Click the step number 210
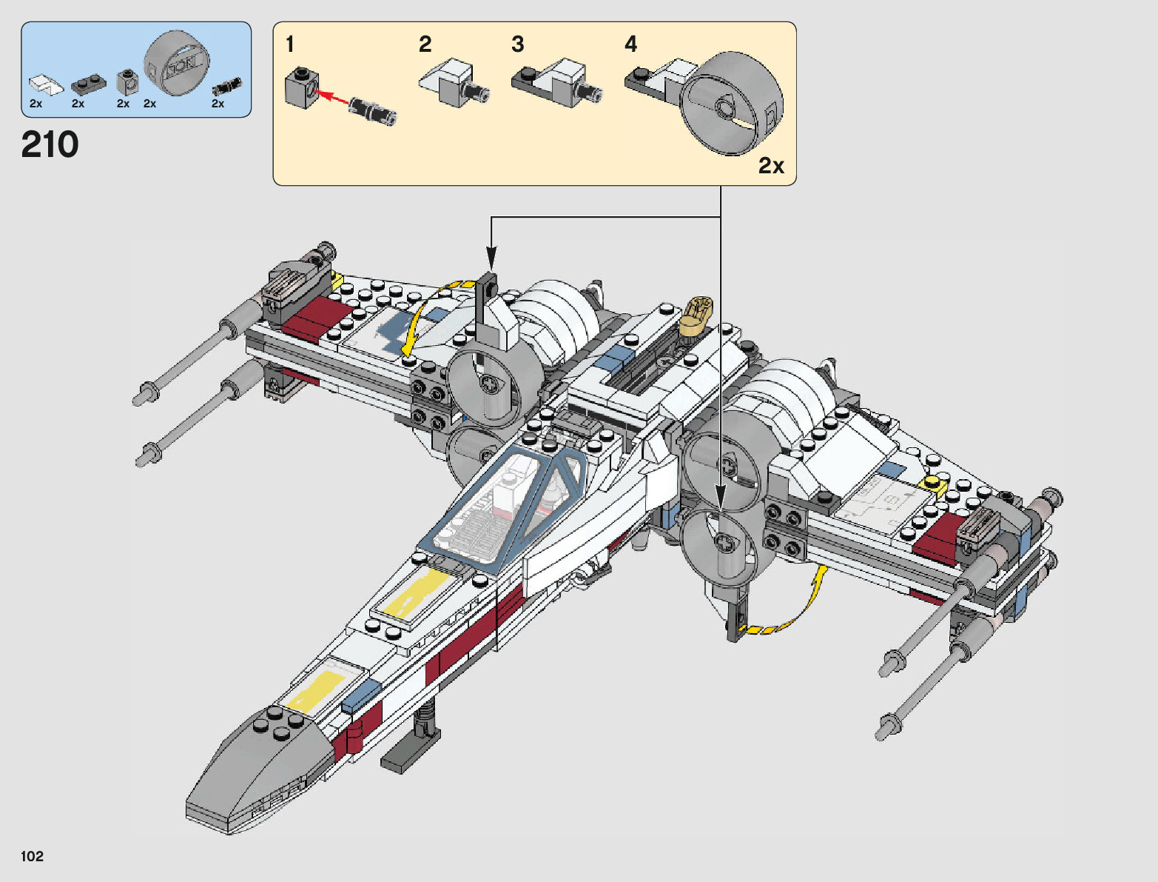click(50, 144)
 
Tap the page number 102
click(33, 856)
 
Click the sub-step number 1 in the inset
click(290, 44)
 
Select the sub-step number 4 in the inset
click(630, 44)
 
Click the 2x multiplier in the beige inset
click(771, 165)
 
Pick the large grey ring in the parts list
click(176, 64)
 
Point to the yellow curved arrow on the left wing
click(422, 315)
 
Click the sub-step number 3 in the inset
click(518, 44)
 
